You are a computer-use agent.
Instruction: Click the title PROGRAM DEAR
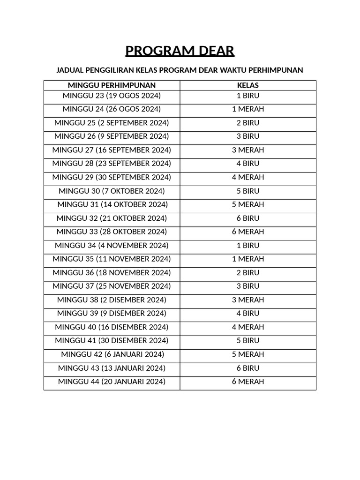tap(180, 51)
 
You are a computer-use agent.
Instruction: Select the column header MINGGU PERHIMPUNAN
tap(112, 85)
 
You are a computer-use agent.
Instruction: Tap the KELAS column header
tap(248, 85)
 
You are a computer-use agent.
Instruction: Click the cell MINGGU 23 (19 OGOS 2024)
tap(112, 96)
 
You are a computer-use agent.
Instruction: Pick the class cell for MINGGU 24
tap(248, 109)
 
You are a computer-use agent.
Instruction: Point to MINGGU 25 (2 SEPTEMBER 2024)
tap(112, 123)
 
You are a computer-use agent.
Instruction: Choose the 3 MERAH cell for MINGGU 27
tap(248, 150)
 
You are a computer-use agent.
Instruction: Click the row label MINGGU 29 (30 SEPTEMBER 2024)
tap(112, 177)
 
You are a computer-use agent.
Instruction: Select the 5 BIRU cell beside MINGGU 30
tap(248, 191)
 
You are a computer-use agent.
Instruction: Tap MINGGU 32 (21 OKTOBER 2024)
tap(112, 218)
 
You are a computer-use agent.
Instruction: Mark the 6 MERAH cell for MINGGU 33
tap(248, 232)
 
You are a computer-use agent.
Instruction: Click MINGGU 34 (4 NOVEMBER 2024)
tap(112, 246)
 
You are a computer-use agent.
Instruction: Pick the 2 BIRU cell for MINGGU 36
tap(248, 273)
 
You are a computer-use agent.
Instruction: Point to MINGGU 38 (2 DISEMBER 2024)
tap(112, 300)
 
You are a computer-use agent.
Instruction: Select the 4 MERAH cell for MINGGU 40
tap(248, 327)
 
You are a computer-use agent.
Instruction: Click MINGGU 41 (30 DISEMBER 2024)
tap(112, 341)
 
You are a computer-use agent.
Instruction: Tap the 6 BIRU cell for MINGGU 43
tap(248, 368)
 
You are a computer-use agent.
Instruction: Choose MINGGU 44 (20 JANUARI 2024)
tap(112, 382)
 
